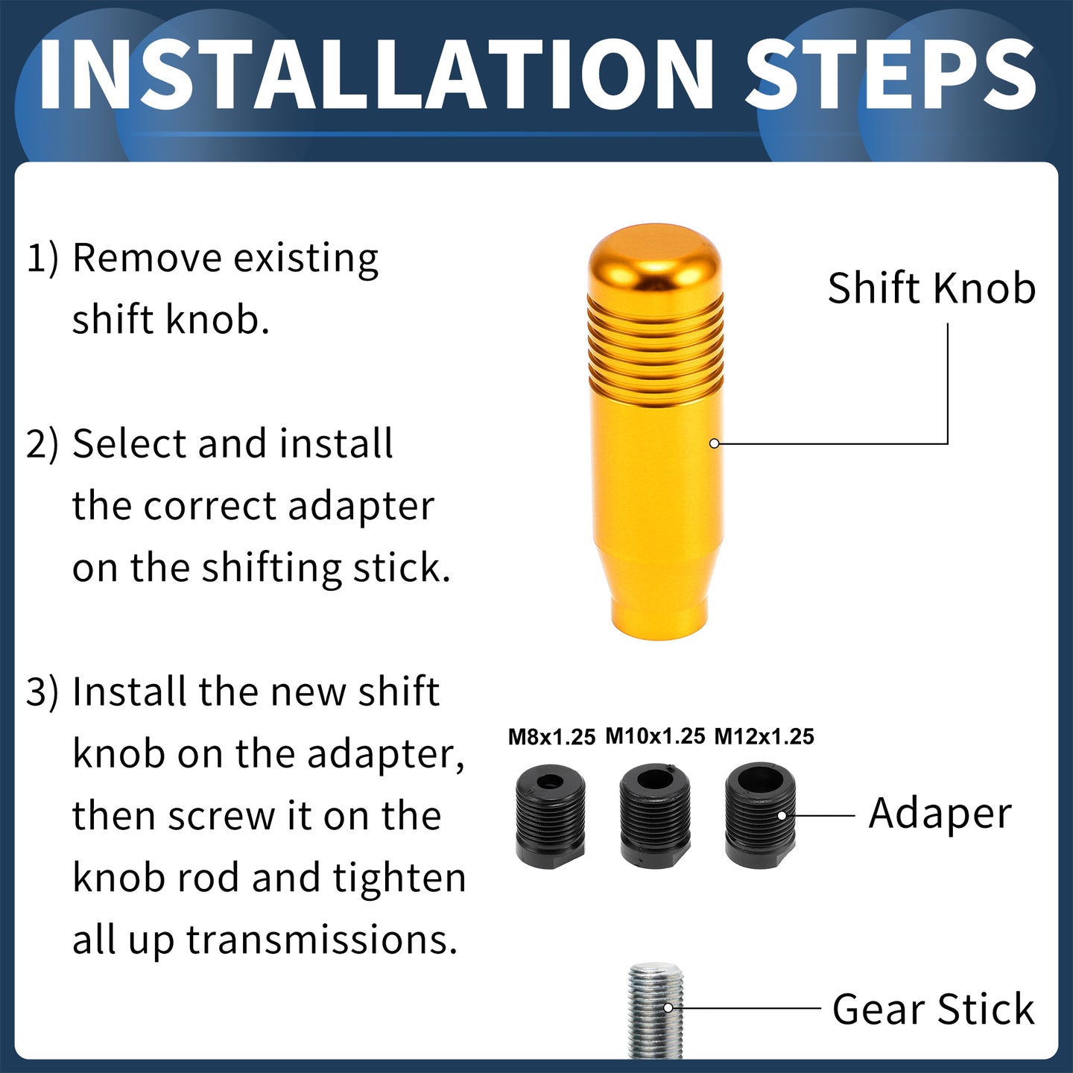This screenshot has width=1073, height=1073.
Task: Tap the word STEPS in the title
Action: coord(891,75)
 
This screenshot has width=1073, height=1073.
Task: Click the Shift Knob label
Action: coord(931,288)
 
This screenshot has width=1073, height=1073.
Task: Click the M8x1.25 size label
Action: coord(552,737)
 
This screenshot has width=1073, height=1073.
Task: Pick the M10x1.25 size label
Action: coord(656,736)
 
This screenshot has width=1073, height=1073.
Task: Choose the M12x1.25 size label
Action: coord(764,737)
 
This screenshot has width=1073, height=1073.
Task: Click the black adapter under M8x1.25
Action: coord(551,817)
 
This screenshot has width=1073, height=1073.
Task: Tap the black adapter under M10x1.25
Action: coord(655,816)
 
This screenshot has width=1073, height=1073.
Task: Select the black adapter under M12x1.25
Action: coord(761,815)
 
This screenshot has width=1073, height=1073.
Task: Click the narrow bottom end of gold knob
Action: coord(659,618)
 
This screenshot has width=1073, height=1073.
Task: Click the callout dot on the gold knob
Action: coord(715,443)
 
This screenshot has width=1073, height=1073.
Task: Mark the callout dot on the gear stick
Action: coord(668,1008)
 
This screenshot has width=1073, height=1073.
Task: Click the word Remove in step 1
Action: coord(147,258)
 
